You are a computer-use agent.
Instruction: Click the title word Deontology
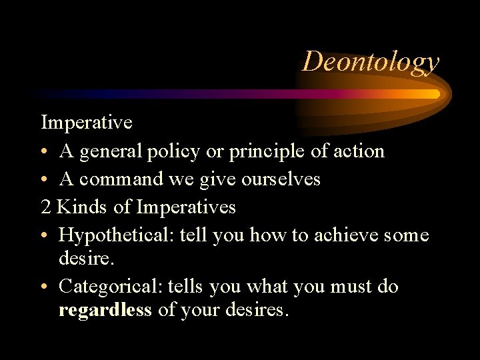pos(371,61)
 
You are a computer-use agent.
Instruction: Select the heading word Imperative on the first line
pos(87,123)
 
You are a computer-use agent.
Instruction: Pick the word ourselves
pos(281,179)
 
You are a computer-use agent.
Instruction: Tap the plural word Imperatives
pos(186,207)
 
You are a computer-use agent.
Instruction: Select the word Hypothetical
pos(117,235)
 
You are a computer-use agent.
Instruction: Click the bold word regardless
pos(105,311)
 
